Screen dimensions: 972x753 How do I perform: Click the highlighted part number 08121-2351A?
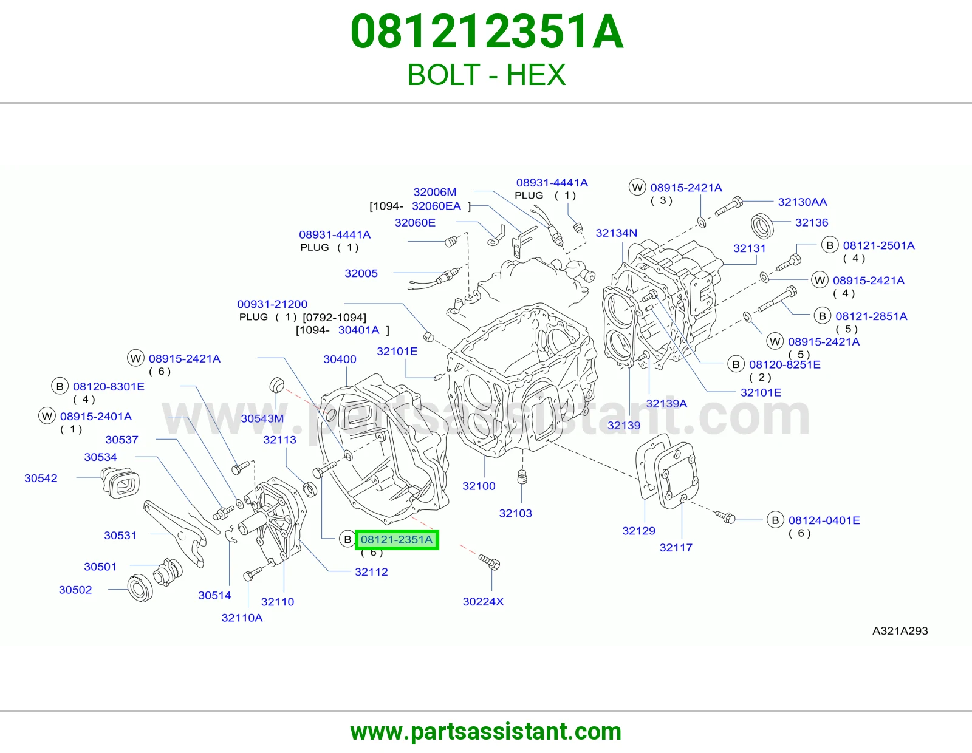397,540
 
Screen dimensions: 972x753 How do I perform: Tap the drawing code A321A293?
900,631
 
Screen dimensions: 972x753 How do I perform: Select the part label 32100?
479,486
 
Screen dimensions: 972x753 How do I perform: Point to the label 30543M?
262,418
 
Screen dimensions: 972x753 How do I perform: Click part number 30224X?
483,601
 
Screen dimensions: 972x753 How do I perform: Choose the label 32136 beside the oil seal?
812,222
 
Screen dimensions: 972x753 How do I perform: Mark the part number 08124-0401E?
824,520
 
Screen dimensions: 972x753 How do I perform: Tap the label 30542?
41,478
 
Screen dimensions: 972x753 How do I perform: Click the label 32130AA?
803,202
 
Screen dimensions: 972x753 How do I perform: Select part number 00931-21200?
272,304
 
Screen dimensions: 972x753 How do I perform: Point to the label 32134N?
617,233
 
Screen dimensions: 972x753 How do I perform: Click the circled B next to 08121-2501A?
830,245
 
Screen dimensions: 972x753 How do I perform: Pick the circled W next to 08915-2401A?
47,417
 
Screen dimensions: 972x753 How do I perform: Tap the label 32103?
515,513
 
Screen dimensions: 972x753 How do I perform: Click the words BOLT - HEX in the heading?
486,75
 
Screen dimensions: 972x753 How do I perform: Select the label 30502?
75,590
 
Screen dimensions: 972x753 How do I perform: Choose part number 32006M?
435,192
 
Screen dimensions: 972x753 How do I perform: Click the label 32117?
676,547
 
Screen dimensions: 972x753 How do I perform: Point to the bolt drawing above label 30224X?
489,562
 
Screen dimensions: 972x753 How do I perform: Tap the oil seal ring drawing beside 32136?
762,227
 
